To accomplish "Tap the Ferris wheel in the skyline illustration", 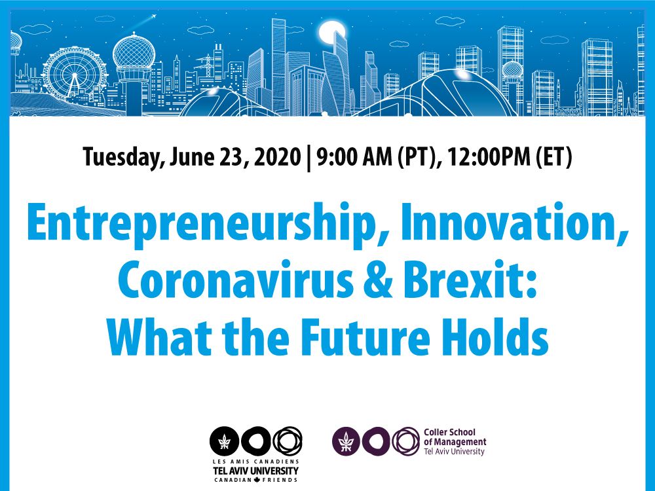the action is (x=75, y=75).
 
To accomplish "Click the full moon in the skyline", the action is (x=331, y=33).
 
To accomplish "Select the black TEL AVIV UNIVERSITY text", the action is (x=256, y=471).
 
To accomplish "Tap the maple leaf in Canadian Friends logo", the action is (x=256, y=480).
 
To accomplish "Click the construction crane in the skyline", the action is (x=206, y=65).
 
